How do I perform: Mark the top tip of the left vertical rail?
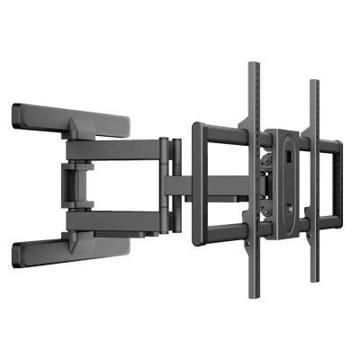(x=253, y=66)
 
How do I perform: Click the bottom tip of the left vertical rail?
(x=254, y=299)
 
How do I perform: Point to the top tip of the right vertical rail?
(x=313, y=84)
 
